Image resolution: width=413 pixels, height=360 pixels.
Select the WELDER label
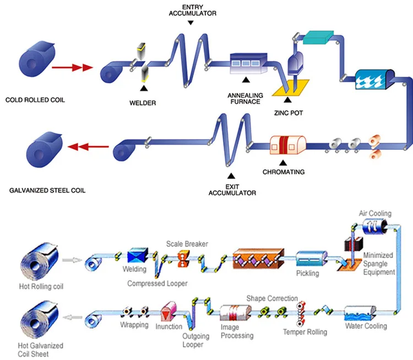pos(143,102)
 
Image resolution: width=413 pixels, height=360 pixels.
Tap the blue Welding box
pos(136,256)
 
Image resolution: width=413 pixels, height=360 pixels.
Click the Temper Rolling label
pos(305,332)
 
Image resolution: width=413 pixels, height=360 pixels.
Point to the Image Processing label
pos(237,332)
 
